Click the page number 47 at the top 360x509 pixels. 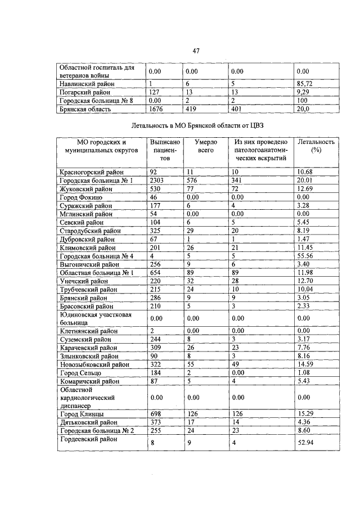196,51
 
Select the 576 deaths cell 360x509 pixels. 193,181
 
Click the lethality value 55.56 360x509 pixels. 307,256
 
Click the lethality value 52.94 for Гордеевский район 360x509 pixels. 307,443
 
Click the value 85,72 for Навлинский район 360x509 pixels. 307,83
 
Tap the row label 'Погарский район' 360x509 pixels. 85,92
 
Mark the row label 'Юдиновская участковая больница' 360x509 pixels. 95,319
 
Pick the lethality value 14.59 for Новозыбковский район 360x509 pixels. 307,365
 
